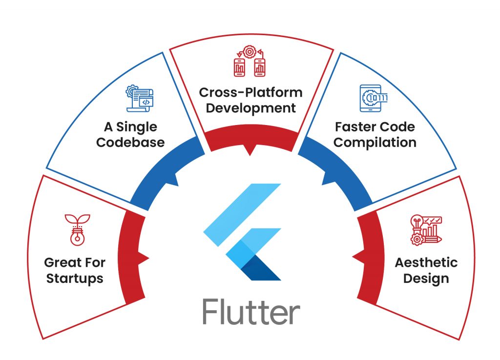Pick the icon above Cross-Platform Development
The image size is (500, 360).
tap(250, 62)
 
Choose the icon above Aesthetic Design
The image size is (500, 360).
tap(426, 229)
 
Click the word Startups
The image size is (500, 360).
tap(74, 279)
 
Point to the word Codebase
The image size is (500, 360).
tap(130, 143)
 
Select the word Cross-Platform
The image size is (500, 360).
tap(250, 92)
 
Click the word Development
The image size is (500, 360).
tap(250, 108)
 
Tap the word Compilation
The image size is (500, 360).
tap(375, 143)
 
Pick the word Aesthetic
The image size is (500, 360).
tap(426, 263)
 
